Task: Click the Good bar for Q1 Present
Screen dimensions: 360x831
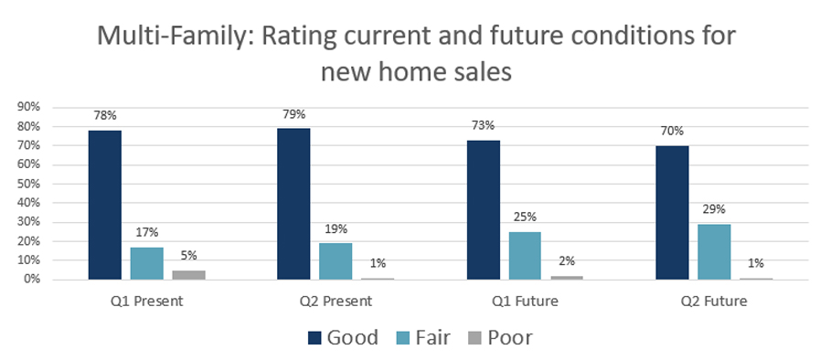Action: click(105, 205)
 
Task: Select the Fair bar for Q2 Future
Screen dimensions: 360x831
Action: click(714, 251)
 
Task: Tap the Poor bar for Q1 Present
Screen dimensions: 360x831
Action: click(187, 274)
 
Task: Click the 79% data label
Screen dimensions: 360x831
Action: click(293, 114)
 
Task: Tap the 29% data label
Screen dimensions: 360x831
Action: click(714, 210)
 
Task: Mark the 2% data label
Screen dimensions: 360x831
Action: click(567, 261)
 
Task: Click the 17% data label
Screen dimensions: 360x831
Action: click(146, 233)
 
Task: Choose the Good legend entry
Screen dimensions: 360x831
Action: click(342, 337)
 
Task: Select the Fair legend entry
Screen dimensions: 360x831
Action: click(431, 337)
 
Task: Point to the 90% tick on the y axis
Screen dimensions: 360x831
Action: click(29, 107)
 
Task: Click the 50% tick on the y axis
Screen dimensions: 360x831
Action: click(29, 184)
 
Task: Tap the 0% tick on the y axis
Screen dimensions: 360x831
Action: click(32, 280)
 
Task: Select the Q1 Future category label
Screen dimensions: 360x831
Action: click(526, 300)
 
